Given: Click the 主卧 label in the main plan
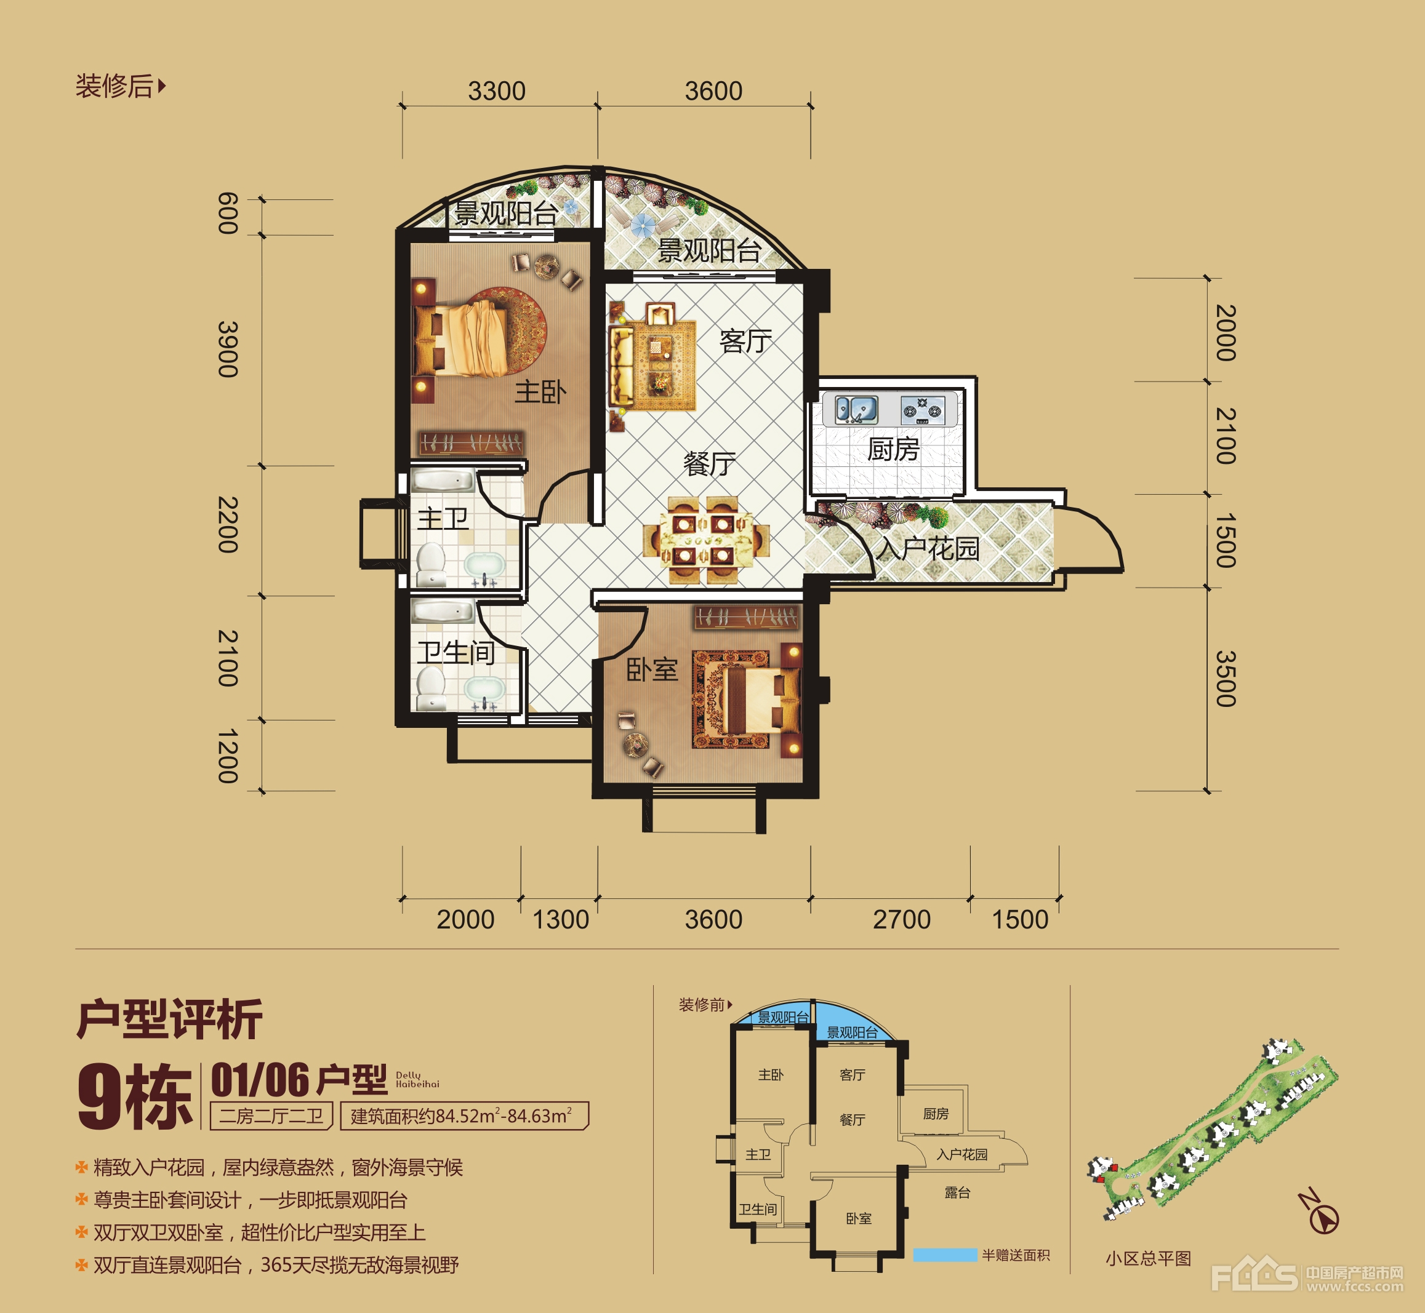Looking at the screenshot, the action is (x=541, y=391).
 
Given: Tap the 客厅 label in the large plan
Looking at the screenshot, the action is (x=745, y=341).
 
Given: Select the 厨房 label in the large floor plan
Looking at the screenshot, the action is (x=893, y=449).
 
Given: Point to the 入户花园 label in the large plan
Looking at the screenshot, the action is (x=928, y=548).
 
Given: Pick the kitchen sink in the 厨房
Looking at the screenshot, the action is (x=856, y=410).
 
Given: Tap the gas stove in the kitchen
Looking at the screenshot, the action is (x=923, y=410).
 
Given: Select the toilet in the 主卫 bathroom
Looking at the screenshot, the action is (x=431, y=565).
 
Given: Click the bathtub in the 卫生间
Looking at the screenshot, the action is (x=443, y=611).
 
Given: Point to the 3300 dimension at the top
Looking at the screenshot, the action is (x=497, y=91).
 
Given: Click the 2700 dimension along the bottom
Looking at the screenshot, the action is (x=901, y=919).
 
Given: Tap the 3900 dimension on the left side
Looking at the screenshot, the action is (x=227, y=349).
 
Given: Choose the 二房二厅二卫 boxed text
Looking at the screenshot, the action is (x=271, y=1115).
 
